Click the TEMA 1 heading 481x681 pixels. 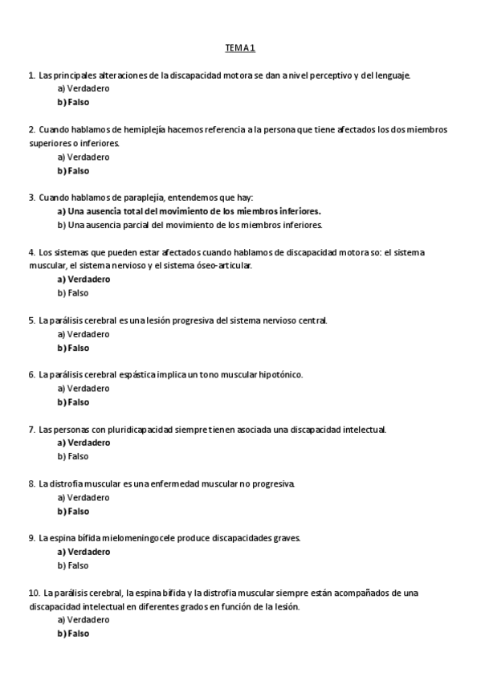click(240, 48)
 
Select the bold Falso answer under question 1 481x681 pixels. click(73, 103)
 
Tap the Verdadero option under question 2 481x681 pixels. click(84, 157)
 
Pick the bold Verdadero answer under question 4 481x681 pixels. click(84, 279)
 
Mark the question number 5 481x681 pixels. click(31, 320)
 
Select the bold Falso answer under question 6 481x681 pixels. click(73, 402)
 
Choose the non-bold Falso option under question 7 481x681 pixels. click(72, 457)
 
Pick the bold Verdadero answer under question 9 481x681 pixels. click(84, 552)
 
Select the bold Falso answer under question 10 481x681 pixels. click(73, 634)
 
